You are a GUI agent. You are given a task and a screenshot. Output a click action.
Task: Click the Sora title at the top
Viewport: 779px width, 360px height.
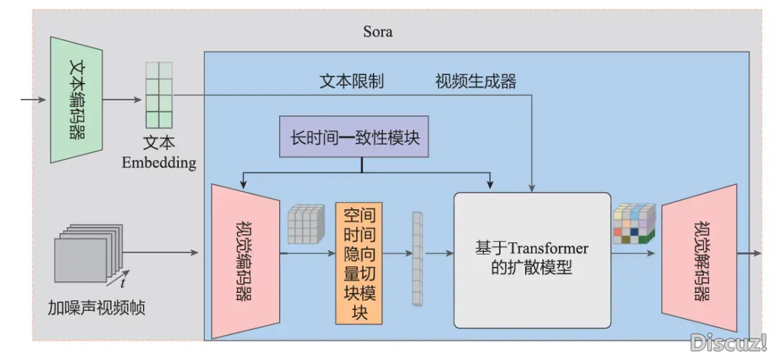click(378, 32)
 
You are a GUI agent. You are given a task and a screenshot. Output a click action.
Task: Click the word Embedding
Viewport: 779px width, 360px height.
click(159, 162)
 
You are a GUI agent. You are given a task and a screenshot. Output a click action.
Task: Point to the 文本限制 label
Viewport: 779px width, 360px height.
click(351, 81)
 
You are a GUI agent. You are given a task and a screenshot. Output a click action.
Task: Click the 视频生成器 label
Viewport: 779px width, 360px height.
click(475, 81)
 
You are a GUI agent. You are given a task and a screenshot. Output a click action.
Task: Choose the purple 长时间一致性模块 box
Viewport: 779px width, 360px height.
click(353, 136)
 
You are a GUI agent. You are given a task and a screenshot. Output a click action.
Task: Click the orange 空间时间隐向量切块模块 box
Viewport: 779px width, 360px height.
click(358, 263)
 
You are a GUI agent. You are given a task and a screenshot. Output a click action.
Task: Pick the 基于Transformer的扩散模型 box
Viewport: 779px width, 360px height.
click(532, 259)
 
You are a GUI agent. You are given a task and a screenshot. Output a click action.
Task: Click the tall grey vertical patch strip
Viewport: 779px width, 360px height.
click(416, 259)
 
